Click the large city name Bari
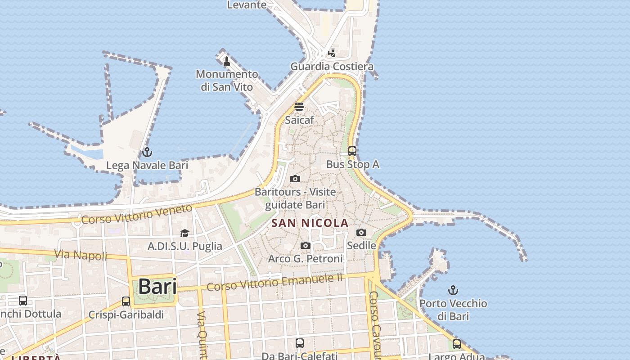[x=157, y=286]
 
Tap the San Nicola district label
[x=310, y=223]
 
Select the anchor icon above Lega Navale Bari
[x=147, y=152]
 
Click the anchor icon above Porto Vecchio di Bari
[x=453, y=290]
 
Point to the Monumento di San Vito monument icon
[x=227, y=61]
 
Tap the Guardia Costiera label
[x=332, y=67]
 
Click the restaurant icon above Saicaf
[x=299, y=107]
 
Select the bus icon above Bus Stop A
[x=352, y=151]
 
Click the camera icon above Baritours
[x=295, y=179]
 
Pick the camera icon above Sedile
[x=361, y=233]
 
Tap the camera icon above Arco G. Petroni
[x=306, y=245]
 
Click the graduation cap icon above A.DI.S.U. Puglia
[x=184, y=233]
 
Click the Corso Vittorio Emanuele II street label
[x=274, y=282]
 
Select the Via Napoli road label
[x=81, y=255]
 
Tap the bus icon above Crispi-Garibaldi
[x=126, y=301]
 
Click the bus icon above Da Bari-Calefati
[x=300, y=343]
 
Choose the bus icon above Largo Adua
[x=457, y=344]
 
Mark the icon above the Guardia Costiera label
[x=332, y=53]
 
